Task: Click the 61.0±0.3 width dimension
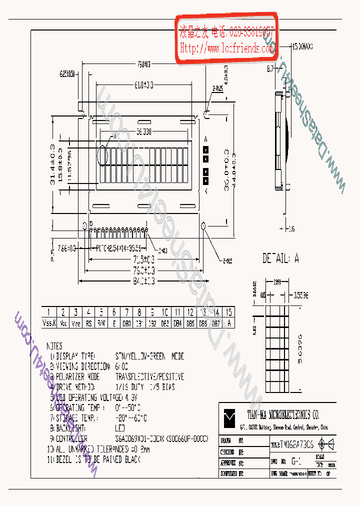tap(143, 84)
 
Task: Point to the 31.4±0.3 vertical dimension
tap(52, 165)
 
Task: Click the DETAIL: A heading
tap(280, 258)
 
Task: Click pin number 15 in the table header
tap(228, 312)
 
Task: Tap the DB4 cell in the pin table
tap(177, 323)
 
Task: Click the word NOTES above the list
tap(54, 345)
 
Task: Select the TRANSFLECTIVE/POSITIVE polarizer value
tap(149, 376)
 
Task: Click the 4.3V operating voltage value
tap(130, 397)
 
